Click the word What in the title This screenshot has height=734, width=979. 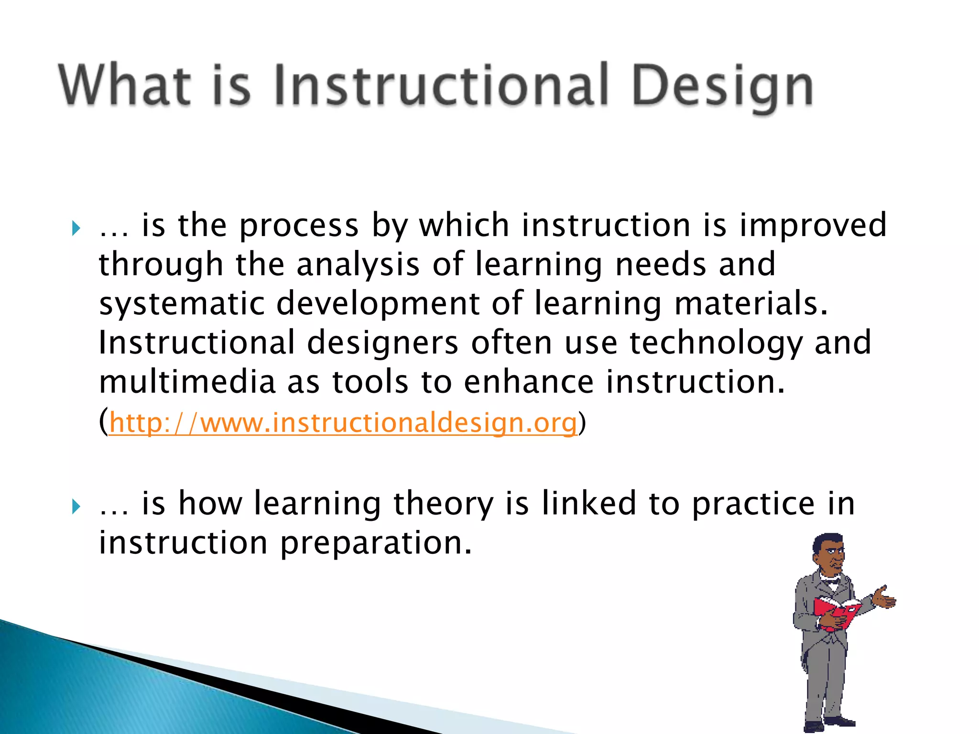click(125, 86)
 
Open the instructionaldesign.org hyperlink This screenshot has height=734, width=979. click(343, 423)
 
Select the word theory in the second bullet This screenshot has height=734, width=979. click(443, 504)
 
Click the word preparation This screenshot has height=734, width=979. click(376, 544)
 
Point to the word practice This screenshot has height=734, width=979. click(753, 504)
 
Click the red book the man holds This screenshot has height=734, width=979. click(837, 612)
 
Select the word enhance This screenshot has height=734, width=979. click(529, 382)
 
